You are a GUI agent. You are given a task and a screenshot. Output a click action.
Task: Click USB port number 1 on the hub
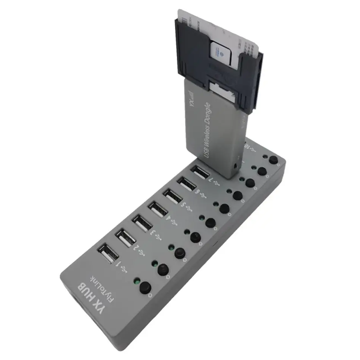coord(108,255)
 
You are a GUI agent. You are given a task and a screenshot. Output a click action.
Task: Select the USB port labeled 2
coord(125,237)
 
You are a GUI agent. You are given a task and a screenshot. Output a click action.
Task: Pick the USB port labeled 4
coord(157,209)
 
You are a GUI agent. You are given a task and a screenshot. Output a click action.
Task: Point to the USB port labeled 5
coord(173,197)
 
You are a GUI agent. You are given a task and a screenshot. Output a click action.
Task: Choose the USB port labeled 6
coord(187,185)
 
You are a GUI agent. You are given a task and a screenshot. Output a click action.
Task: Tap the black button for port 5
coord(224,208)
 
